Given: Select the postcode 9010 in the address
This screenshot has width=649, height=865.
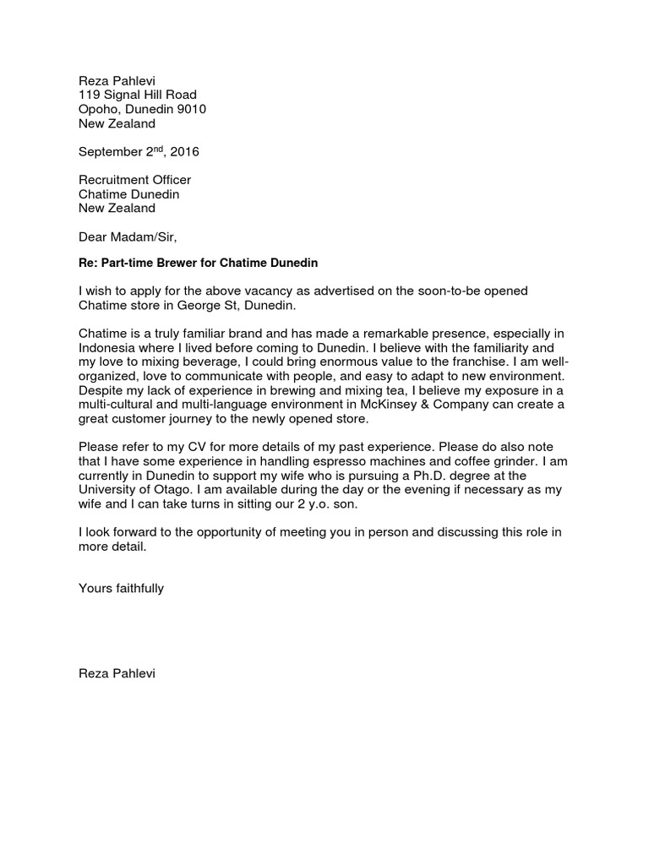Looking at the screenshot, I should (x=190, y=109).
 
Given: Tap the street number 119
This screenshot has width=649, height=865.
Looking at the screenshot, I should (x=90, y=95).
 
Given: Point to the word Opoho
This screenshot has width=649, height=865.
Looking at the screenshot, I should (x=98, y=109).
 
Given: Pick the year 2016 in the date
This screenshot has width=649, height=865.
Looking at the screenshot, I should (x=184, y=152).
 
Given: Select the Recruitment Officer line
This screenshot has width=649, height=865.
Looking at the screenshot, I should (x=134, y=180).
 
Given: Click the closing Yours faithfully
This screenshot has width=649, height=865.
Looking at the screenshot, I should (x=121, y=589).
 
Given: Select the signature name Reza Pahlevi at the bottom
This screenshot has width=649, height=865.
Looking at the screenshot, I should (x=117, y=674).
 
